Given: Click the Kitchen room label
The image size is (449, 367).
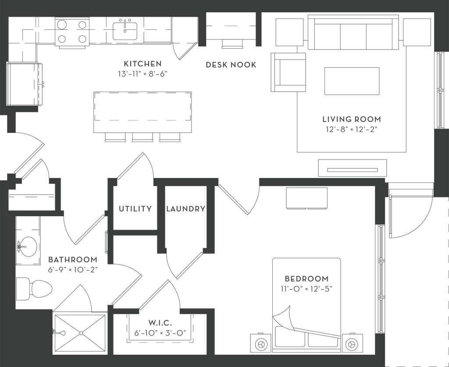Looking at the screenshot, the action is coord(143,64).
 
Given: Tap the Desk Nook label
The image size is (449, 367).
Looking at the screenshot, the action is coord(231,65).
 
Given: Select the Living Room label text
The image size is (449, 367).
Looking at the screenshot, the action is coord(351,119).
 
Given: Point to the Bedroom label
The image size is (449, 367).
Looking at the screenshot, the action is coord(306,278).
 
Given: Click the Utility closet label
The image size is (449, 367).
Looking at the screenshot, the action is coord(135,209).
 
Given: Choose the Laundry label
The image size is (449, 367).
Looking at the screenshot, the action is coord(185,209).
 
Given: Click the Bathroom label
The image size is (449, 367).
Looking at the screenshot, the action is coord(72,259).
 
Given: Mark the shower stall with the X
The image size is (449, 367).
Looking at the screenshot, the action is coord(79,332).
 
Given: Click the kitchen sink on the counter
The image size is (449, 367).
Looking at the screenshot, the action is coord(125,29).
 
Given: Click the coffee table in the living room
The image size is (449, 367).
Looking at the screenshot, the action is coord(351,81).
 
